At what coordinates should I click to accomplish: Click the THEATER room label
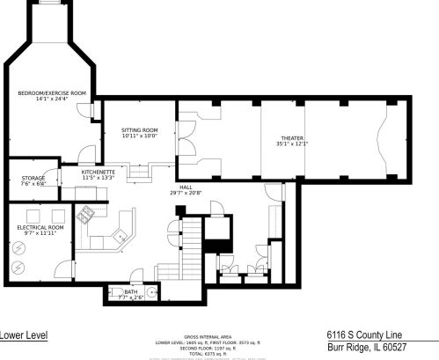[293, 138]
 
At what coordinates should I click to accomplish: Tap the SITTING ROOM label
[139, 130]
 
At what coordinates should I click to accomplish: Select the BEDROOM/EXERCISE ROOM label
[53, 92]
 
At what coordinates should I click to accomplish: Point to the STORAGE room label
[33, 179]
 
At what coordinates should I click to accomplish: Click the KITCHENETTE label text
[99, 173]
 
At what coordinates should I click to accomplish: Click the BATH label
[131, 291]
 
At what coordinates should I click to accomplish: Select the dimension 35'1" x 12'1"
[293, 143]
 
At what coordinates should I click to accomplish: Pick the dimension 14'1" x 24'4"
[53, 99]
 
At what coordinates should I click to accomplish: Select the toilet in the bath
[116, 291]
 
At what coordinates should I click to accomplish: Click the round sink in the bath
[151, 290]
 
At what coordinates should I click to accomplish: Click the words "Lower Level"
[24, 334]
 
